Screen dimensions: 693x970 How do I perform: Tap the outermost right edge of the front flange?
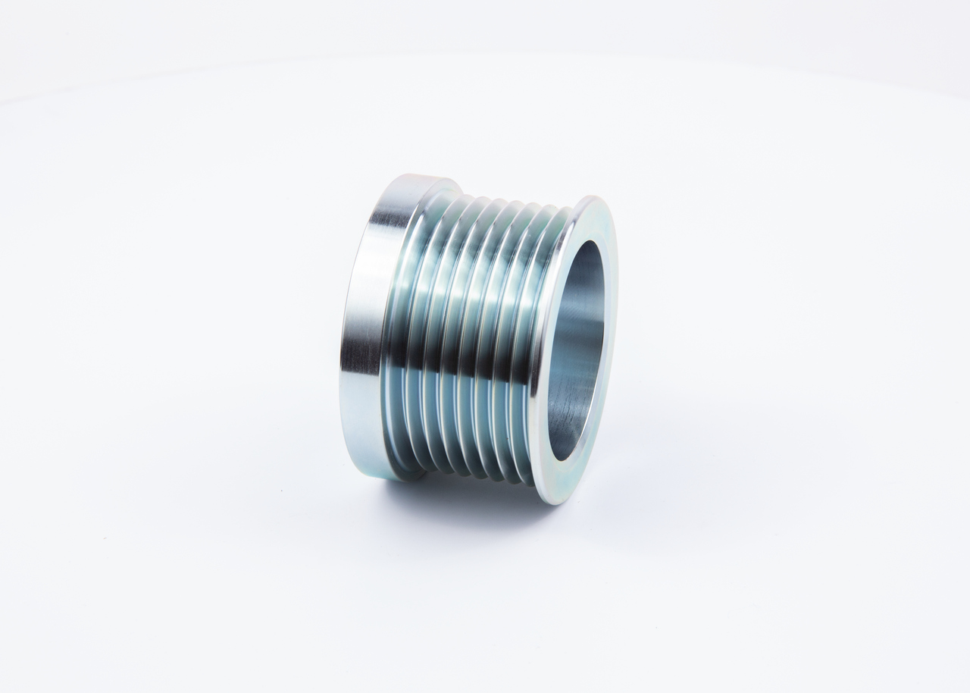click(x=615, y=334)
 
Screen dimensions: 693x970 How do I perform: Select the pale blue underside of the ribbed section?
click(x=455, y=440)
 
